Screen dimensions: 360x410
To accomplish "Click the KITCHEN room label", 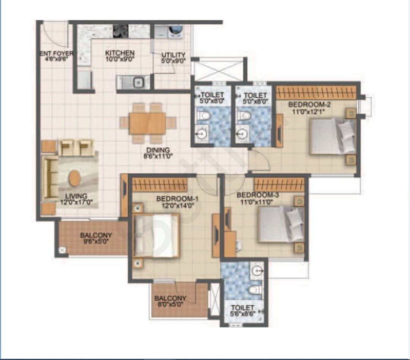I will pyautogui.click(x=120, y=53).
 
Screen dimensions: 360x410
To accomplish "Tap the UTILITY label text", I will pyautogui.click(x=173, y=55).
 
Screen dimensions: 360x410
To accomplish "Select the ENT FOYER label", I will pyautogui.click(x=57, y=53).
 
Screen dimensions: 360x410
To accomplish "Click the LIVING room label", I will pyautogui.click(x=76, y=196).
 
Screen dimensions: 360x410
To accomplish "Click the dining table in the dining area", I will pyautogui.click(x=147, y=123).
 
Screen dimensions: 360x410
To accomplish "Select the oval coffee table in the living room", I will pyautogui.click(x=75, y=178).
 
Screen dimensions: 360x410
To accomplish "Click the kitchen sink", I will pyautogui.click(x=138, y=82).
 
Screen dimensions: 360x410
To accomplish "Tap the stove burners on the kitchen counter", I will pyautogui.click(x=121, y=31).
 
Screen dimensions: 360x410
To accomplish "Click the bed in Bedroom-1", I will pyautogui.click(x=156, y=235).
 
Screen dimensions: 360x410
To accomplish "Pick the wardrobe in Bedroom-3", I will pyautogui.click(x=279, y=185).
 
